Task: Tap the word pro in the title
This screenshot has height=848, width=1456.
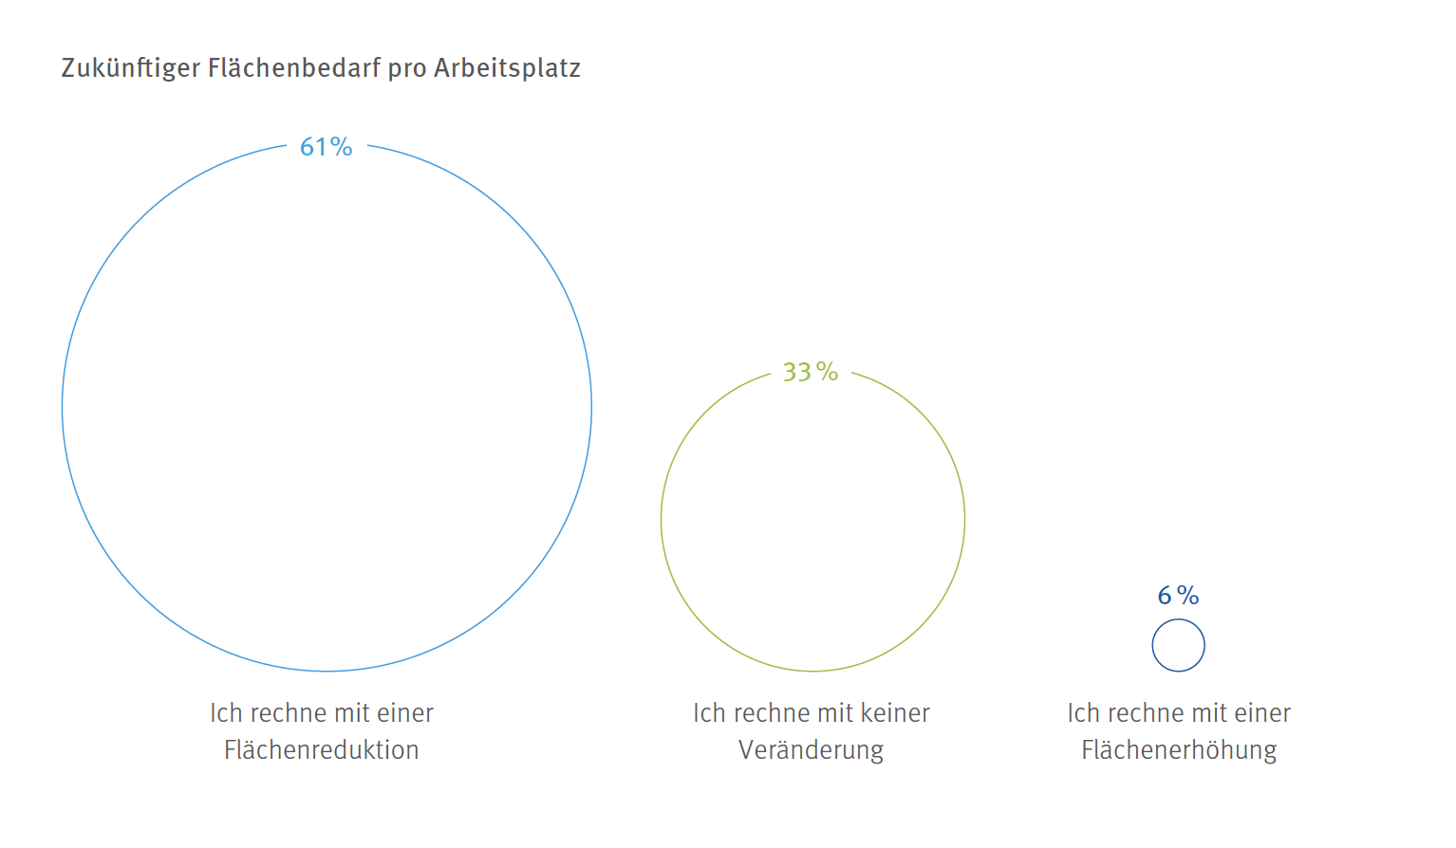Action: tap(406, 68)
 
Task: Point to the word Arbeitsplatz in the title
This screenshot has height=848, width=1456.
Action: tap(507, 68)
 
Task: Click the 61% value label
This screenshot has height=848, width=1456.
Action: tap(326, 147)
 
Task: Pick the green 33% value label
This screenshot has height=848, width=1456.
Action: tap(810, 372)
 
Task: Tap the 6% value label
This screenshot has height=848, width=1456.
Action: tap(1178, 596)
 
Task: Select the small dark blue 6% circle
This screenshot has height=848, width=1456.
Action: tap(1178, 645)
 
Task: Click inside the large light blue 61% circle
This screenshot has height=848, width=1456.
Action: tap(327, 408)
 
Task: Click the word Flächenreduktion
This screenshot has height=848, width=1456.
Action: tap(321, 750)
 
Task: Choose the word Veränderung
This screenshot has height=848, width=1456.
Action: tap(811, 750)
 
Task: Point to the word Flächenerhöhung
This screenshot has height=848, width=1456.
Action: tap(1179, 750)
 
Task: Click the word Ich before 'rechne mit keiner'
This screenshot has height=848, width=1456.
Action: tap(709, 713)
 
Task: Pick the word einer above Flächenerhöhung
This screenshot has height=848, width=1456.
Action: tap(1261, 713)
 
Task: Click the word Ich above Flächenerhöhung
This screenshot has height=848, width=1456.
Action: tap(1083, 713)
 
